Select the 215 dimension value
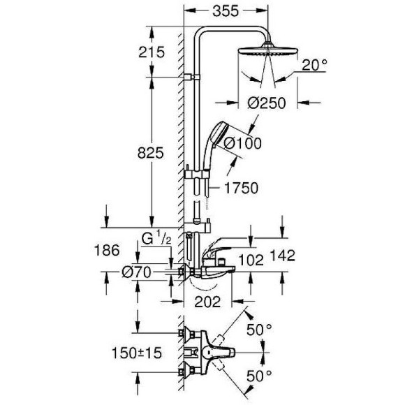[x=151, y=52]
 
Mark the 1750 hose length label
[x=242, y=188]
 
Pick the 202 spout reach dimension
[x=207, y=302]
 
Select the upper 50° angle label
[x=259, y=328]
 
